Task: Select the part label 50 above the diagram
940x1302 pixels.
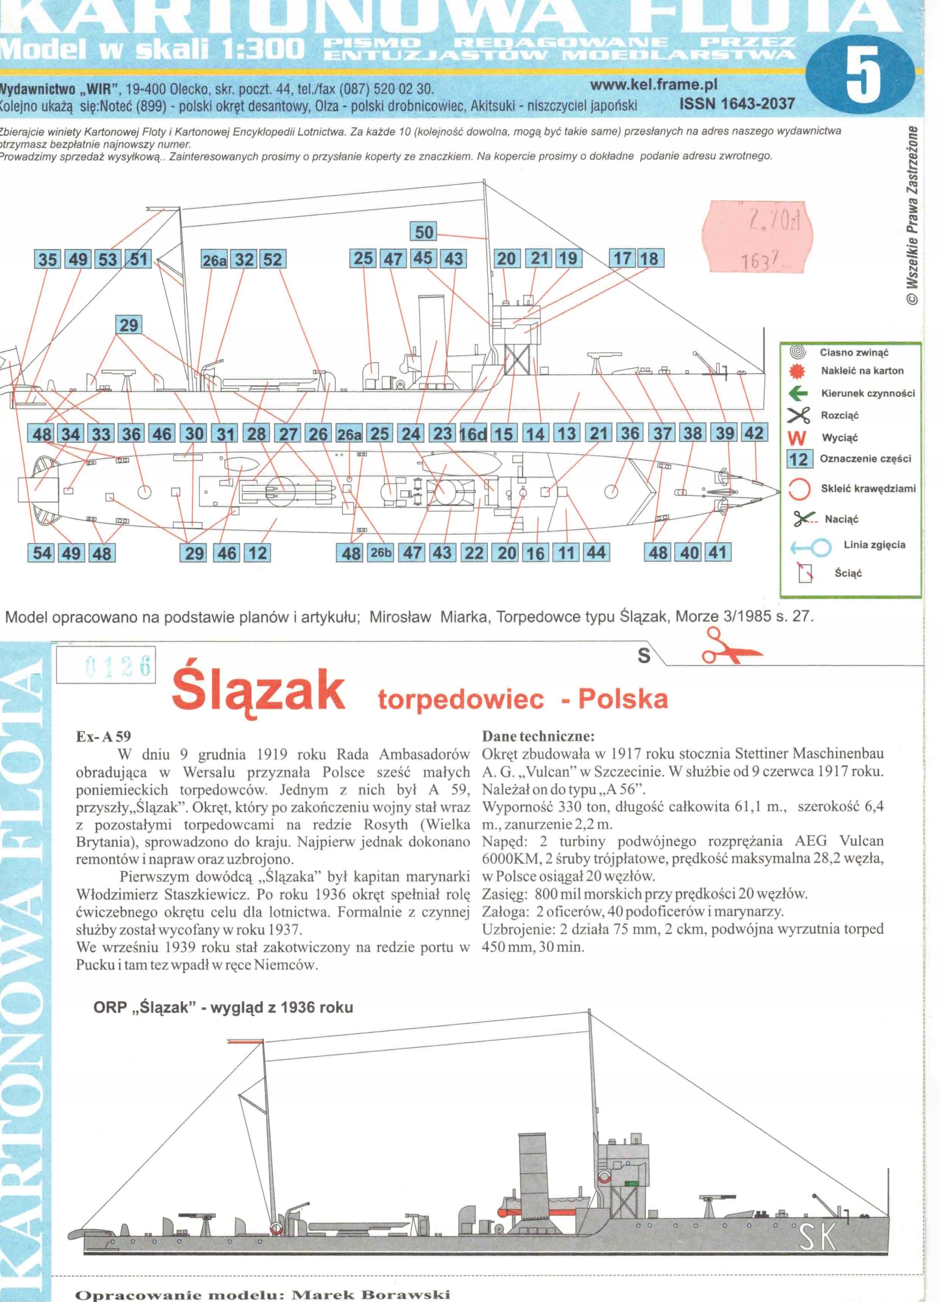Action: coord(424,232)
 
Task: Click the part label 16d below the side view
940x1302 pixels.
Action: coord(473,434)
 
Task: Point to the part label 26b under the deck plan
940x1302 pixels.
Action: coord(380,553)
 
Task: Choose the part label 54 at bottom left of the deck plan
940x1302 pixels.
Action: coord(41,553)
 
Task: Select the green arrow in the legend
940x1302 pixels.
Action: coord(798,393)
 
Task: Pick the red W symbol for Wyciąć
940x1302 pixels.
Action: coord(797,438)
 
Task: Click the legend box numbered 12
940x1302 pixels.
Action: coord(799,459)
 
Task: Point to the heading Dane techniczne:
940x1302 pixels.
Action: coord(538,736)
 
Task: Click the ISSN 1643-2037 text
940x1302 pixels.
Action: coord(737,104)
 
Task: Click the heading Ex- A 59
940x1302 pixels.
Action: coord(103,736)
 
